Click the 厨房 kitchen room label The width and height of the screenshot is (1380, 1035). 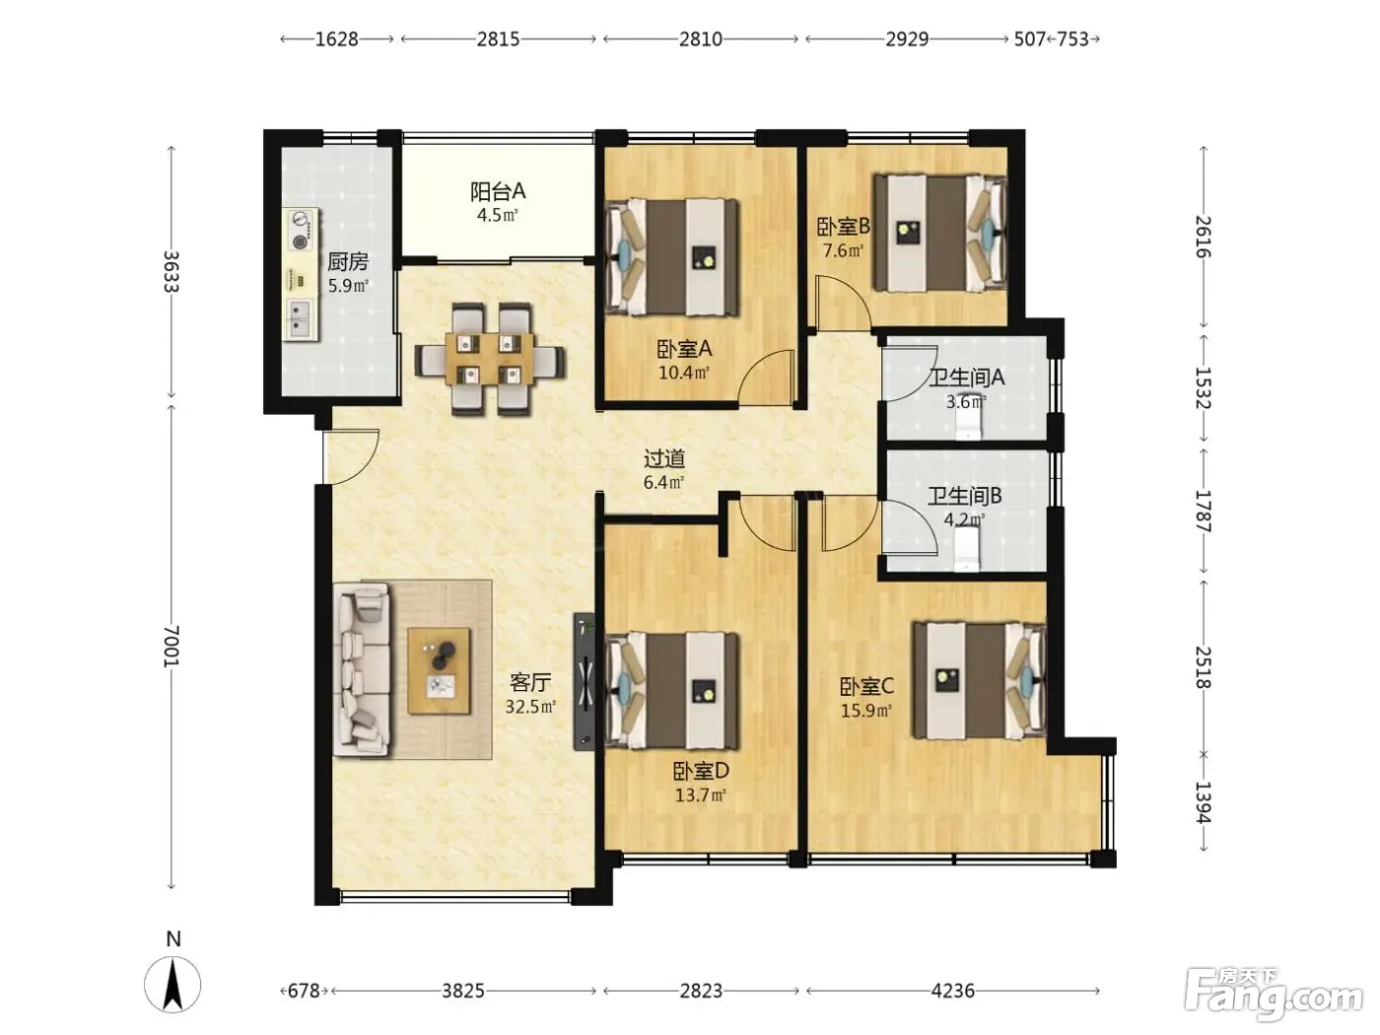[347, 261]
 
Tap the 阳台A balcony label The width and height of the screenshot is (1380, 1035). [498, 191]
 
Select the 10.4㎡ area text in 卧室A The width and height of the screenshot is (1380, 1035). [683, 373]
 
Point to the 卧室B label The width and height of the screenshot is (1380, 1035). [843, 227]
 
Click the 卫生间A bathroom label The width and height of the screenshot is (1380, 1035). [966, 378]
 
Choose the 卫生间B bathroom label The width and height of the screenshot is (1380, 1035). [964, 496]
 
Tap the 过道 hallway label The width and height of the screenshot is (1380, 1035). [664, 458]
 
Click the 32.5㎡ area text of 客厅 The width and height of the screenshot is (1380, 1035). [530, 707]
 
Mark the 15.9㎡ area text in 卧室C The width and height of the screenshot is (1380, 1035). [866, 711]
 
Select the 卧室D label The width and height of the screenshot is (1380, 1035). [701, 771]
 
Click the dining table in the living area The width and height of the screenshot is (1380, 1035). [489, 359]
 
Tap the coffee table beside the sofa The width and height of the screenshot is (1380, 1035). [439, 670]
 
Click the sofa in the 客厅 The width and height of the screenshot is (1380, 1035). [362, 668]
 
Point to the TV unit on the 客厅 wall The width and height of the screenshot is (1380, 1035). [585, 682]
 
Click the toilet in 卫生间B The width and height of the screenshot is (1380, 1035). [966, 548]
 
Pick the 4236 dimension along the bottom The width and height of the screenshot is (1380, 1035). [953, 991]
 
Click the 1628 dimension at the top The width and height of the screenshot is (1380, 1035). [336, 39]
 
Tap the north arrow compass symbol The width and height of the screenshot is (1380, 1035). [172, 985]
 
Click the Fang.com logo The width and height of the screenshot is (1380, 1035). [1274, 996]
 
